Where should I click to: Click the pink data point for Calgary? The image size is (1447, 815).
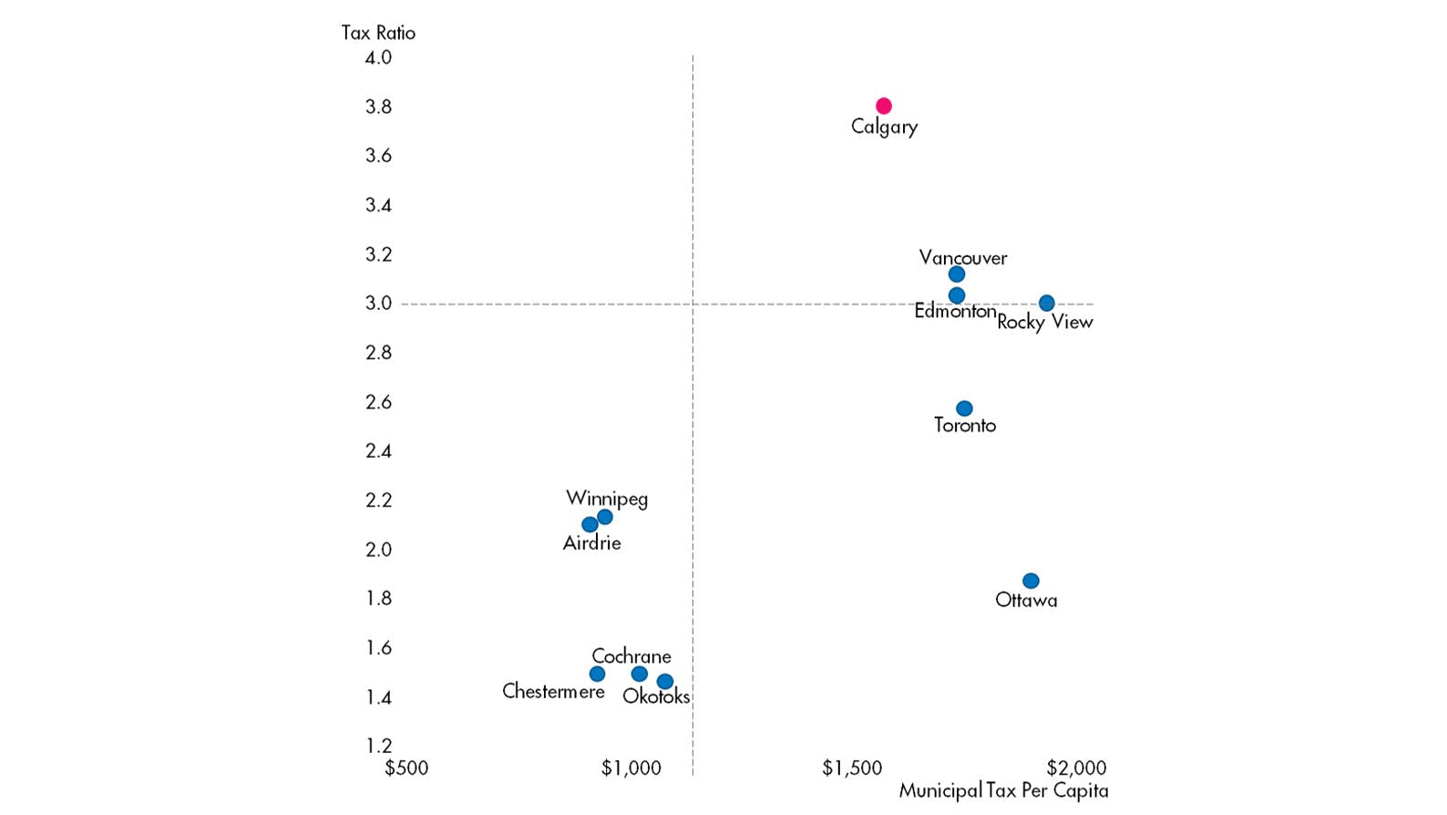[883, 106]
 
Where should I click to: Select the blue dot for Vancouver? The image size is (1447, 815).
[956, 274]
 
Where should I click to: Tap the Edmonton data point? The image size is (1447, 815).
[956, 295]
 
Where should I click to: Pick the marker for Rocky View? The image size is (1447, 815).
[1046, 303]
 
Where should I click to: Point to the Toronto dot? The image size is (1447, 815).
[964, 408]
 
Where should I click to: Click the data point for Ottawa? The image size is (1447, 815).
[1031, 581]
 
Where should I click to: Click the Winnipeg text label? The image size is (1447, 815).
[607, 499]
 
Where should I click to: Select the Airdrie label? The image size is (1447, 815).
[591, 543]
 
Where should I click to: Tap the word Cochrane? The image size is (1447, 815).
[631, 656]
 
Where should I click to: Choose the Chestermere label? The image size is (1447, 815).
[553, 691]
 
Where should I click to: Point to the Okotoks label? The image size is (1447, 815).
[656, 696]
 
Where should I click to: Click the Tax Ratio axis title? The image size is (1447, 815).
[378, 33]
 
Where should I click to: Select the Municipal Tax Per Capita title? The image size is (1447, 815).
[1003, 790]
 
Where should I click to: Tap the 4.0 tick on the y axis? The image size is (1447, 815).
[378, 57]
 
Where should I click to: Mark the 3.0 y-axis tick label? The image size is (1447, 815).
[378, 303]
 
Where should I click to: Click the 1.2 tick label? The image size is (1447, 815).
[378, 746]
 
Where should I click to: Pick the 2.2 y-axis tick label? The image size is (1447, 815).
[378, 500]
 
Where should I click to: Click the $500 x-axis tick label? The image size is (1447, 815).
[406, 768]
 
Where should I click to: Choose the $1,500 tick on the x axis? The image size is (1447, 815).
[852, 768]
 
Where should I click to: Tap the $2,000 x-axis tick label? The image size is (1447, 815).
[1076, 768]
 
